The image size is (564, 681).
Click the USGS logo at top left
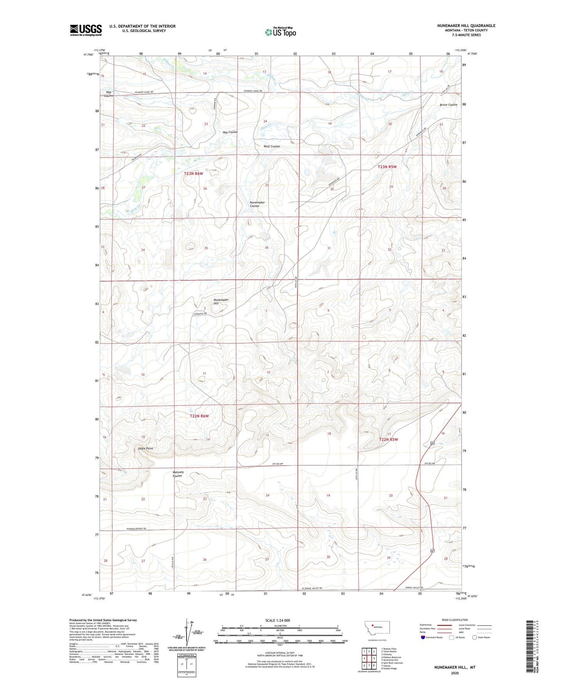pyautogui.click(x=86, y=30)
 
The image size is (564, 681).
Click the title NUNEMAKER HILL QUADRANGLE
pyautogui.click(x=466, y=26)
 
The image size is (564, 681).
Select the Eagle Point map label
pyautogui.click(x=145, y=449)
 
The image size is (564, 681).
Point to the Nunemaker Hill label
pyautogui.click(x=221, y=301)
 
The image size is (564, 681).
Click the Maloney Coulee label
pyautogui.click(x=178, y=474)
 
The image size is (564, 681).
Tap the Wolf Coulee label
pyautogui.click(x=272, y=146)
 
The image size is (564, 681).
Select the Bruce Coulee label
pyautogui.click(x=448, y=105)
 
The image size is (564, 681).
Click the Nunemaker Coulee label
pyautogui.click(x=257, y=204)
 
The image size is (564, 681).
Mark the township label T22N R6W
pyautogui.click(x=199, y=416)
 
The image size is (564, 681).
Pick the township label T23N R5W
pyautogui.click(x=387, y=167)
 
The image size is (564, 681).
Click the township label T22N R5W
pyautogui.click(x=388, y=440)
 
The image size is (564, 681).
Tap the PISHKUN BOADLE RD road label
pyautogui.click(x=136, y=529)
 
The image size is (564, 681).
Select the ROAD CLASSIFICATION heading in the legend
pyautogui.click(x=455, y=620)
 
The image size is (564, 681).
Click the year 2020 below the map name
pyautogui.click(x=454, y=673)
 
